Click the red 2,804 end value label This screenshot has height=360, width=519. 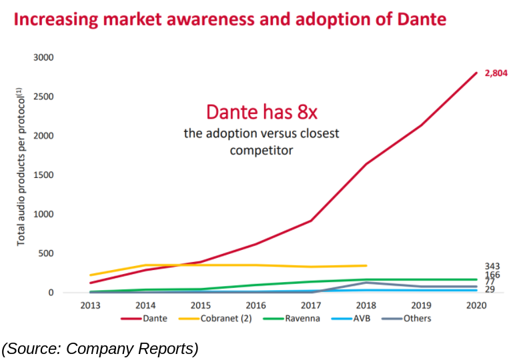pyautogui.click(x=496, y=73)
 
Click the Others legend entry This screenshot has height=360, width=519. pyautogui.click(x=417, y=318)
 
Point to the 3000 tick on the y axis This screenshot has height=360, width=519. pyautogui.click(x=43, y=57)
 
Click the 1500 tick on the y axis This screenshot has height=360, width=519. pyautogui.click(x=43, y=175)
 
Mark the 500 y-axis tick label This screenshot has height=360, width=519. pyautogui.click(x=45, y=253)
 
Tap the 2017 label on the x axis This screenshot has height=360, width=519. pyautogui.click(x=310, y=305)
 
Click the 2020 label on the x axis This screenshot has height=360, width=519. pyautogui.click(x=476, y=305)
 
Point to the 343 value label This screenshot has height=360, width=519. pyautogui.click(x=492, y=265)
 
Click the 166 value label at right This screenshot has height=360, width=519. pyautogui.click(x=492, y=275)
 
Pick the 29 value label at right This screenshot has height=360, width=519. pyautogui.click(x=490, y=290)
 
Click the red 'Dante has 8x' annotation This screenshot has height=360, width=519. pyautogui.click(x=262, y=111)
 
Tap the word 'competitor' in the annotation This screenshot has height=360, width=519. pyautogui.click(x=262, y=150)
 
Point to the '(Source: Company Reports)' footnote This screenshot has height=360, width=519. pyautogui.click(x=100, y=347)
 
